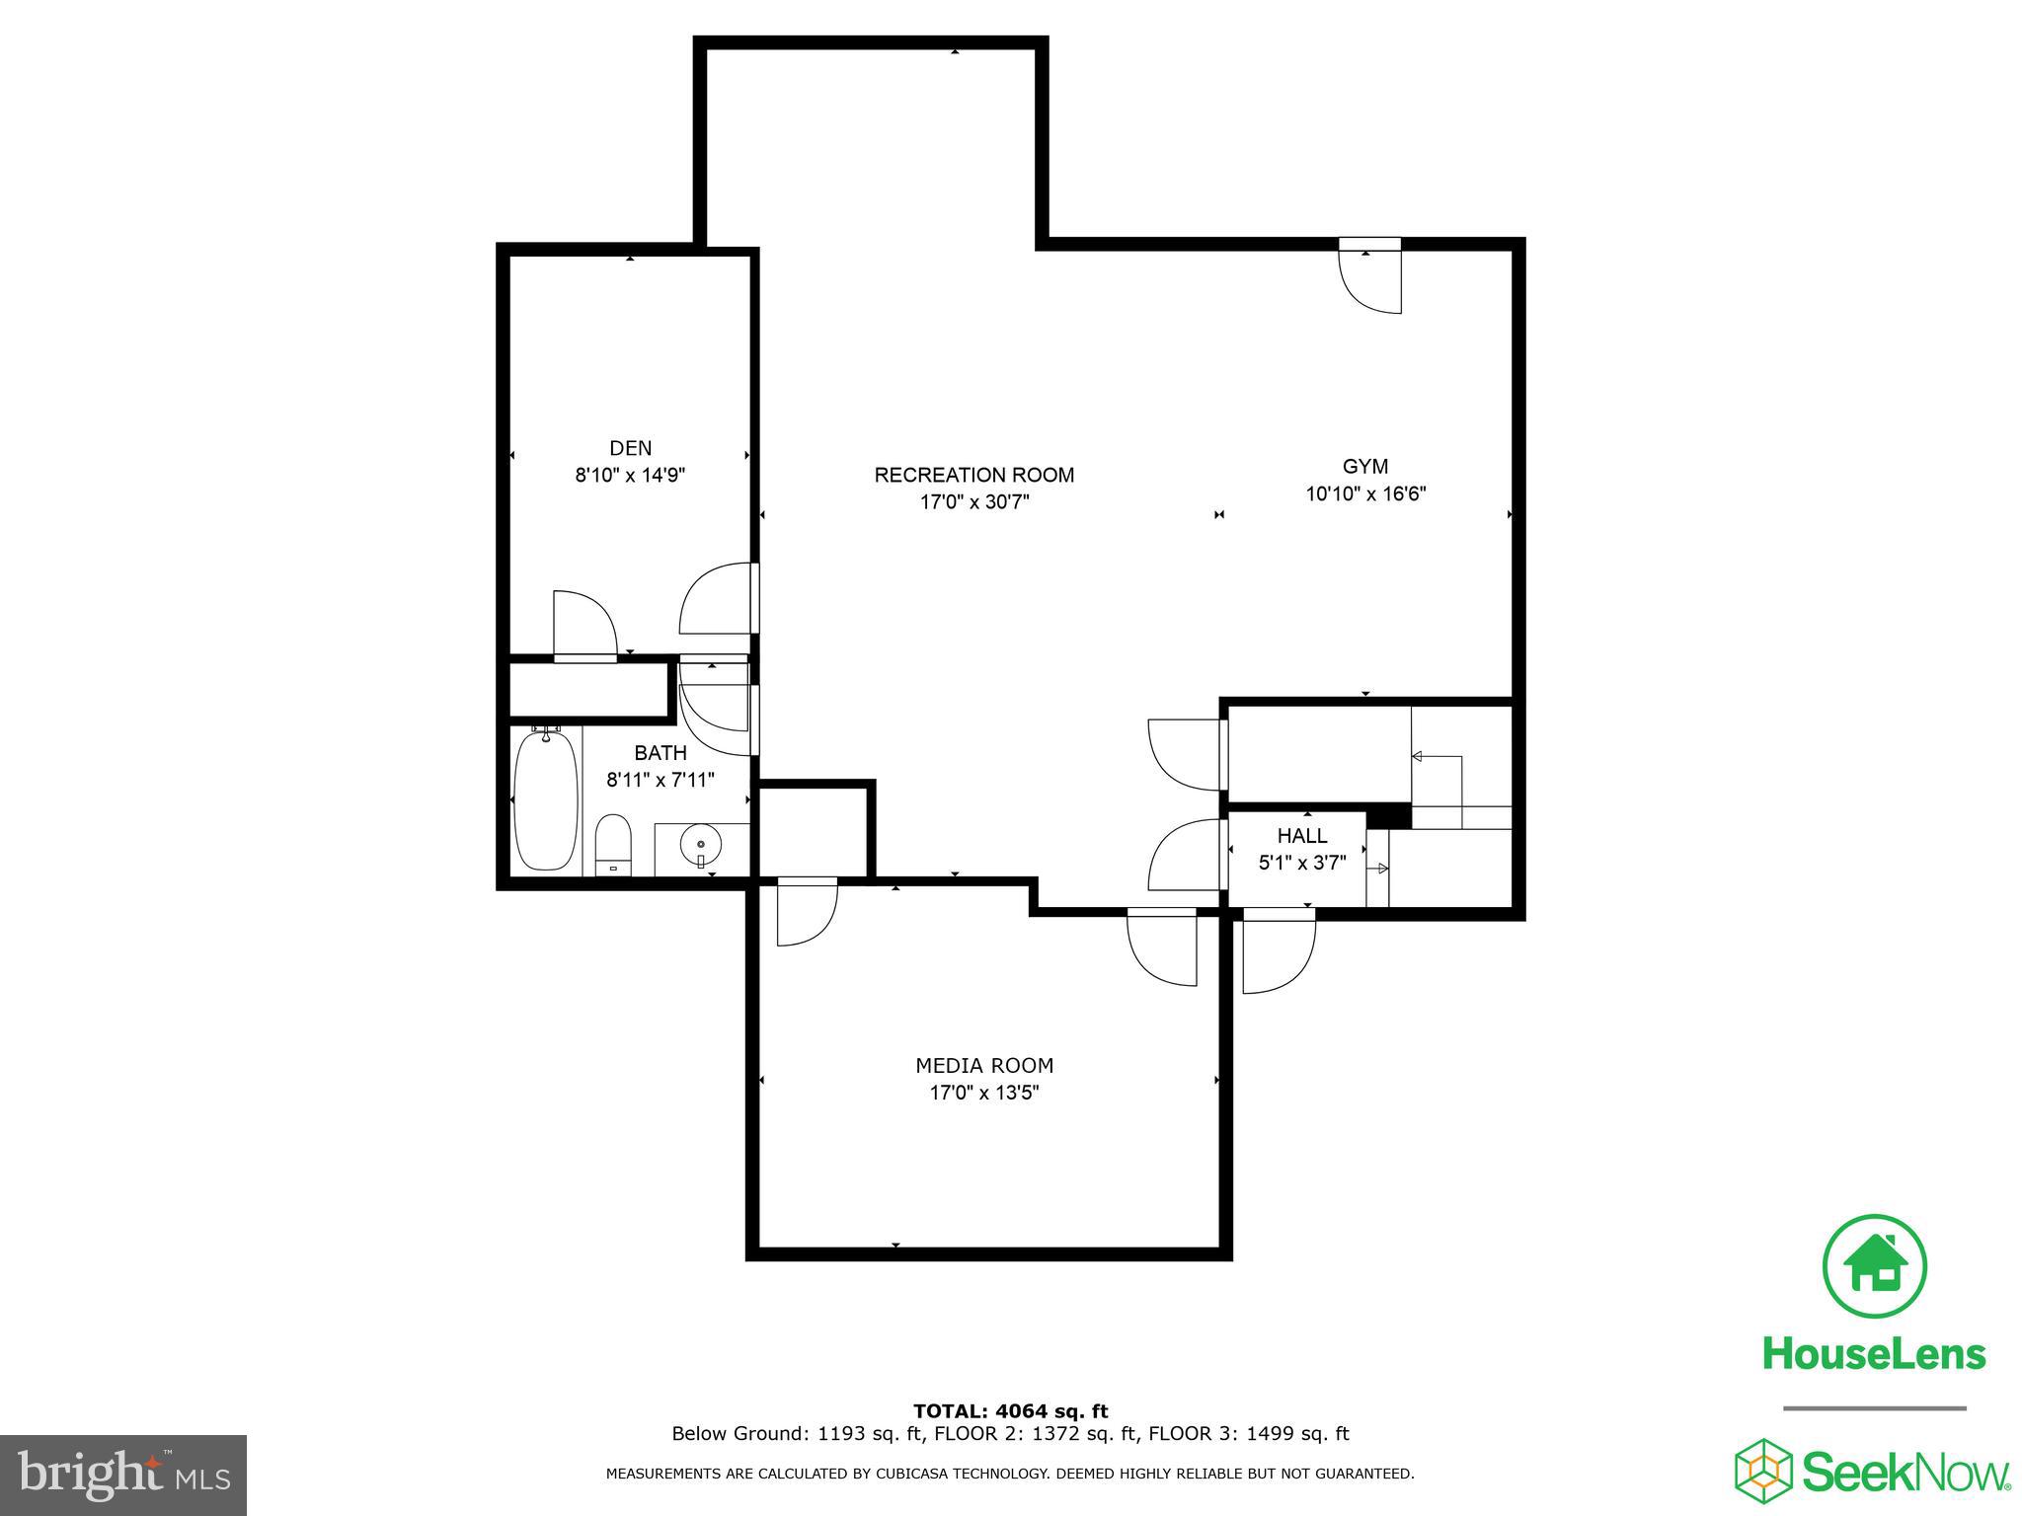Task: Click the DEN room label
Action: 630,448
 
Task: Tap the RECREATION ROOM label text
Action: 973,475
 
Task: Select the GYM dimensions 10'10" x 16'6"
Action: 1365,493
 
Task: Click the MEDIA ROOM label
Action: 984,1066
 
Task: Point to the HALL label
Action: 1302,836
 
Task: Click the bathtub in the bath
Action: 546,800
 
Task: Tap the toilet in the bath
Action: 613,845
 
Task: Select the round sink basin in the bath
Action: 701,845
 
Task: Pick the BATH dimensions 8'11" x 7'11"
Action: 661,780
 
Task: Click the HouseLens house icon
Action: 1874,1267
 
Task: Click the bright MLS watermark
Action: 123,1476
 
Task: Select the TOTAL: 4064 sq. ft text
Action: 1010,1411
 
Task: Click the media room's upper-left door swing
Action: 805,912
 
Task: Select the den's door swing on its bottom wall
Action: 584,625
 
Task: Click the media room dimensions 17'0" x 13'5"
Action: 984,1093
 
